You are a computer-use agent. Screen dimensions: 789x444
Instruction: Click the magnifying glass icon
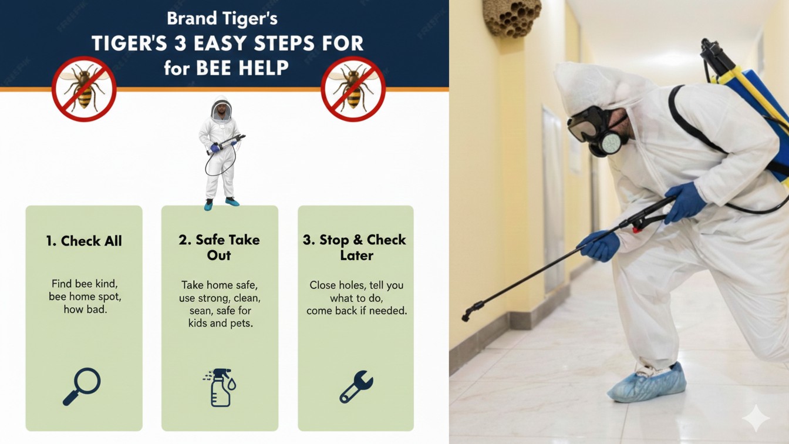click(82, 386)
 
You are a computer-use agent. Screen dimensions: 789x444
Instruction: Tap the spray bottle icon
click(220, 388)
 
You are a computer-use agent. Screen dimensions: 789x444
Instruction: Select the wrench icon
click(356, 386)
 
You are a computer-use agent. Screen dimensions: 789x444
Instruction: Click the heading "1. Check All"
click(84, 241)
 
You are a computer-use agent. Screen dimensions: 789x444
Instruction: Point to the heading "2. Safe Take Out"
click(219, 247)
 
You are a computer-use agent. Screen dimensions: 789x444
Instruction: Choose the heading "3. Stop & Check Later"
click(355, 247)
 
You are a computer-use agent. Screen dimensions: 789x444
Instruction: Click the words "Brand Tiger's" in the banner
click(222, 18)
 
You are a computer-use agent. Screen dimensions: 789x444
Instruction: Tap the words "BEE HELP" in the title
click(242, 68)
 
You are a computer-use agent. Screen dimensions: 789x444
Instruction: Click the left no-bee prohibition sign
click(84, 89)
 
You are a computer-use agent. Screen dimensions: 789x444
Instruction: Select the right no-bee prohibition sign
click(353, 89)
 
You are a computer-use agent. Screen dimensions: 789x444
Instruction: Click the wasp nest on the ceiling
click(512, 18)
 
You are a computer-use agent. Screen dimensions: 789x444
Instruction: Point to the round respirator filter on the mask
click(612, 143)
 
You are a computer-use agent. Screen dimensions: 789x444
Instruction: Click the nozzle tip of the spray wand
click(466, 317)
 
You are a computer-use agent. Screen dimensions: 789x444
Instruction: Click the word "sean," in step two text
click(201, 311)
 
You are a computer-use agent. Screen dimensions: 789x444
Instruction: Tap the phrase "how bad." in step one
click(85, 310)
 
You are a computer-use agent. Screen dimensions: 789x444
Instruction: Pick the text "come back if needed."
click(356, 311)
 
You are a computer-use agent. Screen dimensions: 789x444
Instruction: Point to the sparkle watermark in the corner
click(756, 418)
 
